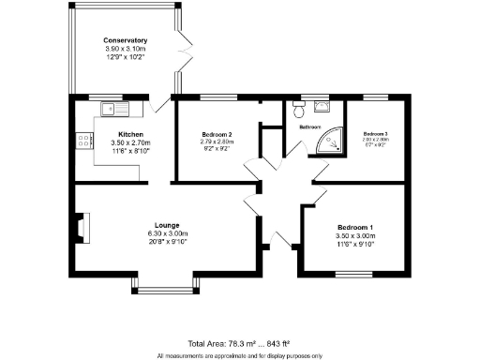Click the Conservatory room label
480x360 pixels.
click(x=125, y=40)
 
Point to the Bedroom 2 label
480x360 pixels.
click(x=217, y=134)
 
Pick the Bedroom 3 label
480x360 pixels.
click(x=375, y=134)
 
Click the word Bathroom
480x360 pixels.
click(x=309, y=126)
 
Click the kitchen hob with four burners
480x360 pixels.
click(x=83, y=142)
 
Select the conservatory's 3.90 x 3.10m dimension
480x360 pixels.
click(x=125, y=49)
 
